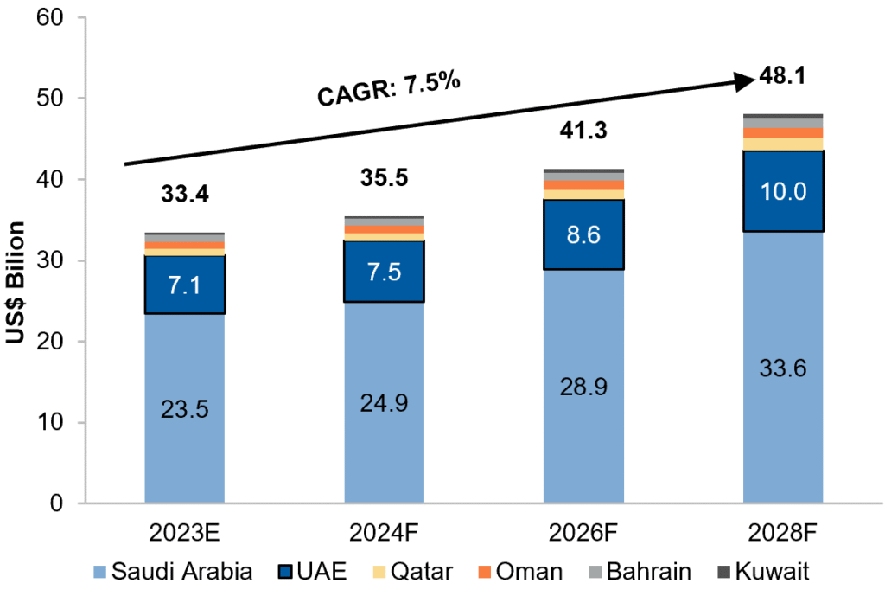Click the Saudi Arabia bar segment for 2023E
(x=185, y=407)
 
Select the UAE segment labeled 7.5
(x=384, y=272)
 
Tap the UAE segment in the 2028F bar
(x=782, y=190)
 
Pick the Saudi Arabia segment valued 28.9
(x=583, y=386)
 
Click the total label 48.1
(x=782, y=77)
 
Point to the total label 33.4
(x=185, y=195)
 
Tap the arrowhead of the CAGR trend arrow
(x=745, y=81)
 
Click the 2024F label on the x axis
(x=384, y=530)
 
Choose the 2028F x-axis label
(x=782, y=530)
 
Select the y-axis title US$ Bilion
(x=16, y=284)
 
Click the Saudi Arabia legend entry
(x=173, y=572)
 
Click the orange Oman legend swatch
(x=484, y=572)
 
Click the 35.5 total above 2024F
(x=384, y=178)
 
